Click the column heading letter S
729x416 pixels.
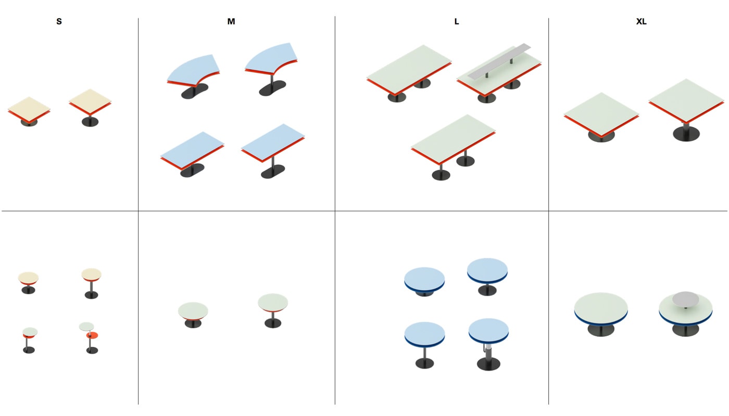point(59,21)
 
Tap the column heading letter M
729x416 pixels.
point(231,21)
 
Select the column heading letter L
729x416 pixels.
point(457,21)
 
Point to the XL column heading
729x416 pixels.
point(641,21)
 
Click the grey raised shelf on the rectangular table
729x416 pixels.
point(499,61)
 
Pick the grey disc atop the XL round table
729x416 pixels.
point(685,298)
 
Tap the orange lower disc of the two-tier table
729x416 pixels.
point(93,335)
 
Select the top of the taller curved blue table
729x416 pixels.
point(270,58)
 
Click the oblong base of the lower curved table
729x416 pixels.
point(195,91)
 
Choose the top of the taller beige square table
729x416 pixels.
point(90,101)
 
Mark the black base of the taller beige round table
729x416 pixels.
point(91,295)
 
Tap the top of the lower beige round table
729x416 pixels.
point(28,278)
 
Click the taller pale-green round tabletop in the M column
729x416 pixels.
point(273,302)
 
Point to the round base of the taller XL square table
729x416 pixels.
point(686,134)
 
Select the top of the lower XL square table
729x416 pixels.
point(601,113)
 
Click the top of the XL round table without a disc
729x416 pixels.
point(601,308)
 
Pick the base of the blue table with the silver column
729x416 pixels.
point(488,364)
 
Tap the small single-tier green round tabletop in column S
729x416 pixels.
point(30,332)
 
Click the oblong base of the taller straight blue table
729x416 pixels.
point(273,171)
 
